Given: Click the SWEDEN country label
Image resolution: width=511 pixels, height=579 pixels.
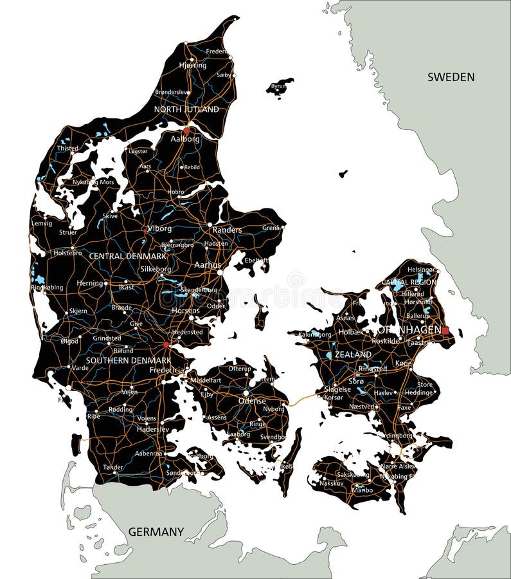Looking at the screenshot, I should pos(451,77).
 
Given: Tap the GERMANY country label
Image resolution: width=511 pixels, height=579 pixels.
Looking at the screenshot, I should pos(156,532).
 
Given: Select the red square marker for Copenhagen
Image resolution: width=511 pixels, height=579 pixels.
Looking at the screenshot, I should pos(445,331).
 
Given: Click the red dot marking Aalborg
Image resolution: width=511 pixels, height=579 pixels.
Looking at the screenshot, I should pos(186,130).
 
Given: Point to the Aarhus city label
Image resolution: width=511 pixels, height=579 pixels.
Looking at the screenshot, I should pos(207,264).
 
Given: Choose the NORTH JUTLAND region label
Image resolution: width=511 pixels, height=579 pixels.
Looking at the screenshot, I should pos(186,109).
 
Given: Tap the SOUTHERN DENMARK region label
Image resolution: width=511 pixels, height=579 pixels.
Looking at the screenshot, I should pos(129,360).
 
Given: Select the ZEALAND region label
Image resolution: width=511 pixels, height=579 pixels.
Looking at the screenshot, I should pos(353,354).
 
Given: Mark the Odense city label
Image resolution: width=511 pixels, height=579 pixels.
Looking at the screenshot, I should pos(251,400).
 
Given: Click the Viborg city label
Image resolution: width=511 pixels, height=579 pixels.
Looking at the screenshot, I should pos(159,228).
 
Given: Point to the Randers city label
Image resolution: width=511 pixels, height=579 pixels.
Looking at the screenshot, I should pos(227,230).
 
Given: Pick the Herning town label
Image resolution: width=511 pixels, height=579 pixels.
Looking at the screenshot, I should pos(89,283).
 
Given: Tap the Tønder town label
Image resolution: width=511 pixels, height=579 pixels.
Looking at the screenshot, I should pos(112,467).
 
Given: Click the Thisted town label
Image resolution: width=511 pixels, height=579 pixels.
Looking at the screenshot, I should pos(67,148).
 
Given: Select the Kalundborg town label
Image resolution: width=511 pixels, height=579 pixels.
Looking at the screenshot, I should pos(315,335).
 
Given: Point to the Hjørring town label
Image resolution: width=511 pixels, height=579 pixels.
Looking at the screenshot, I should pos(193,65).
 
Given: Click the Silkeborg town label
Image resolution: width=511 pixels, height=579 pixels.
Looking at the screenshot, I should pos(156,269).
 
